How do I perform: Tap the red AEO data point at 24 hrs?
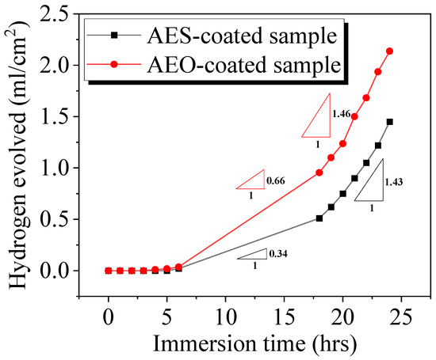tap(389, 51)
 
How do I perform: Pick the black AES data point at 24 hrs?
tap(389, 122)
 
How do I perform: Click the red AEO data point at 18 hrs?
tap(319, 172)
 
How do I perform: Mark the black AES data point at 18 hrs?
tap(319, 218)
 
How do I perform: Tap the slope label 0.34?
tap(279, 253)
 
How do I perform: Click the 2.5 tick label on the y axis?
tap(64, 13)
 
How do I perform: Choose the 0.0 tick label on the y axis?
tap(64, 271)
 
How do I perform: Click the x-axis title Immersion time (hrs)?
tap(254, 343)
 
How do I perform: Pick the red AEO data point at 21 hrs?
tap(354, 116)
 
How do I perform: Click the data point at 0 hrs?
tap(109, 271)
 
